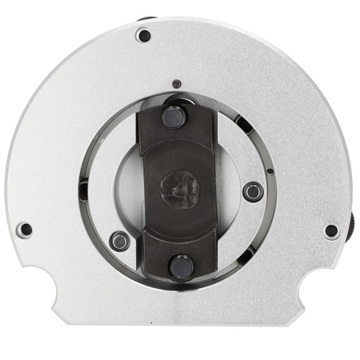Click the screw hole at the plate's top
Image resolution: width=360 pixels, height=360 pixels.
tap(144, 35)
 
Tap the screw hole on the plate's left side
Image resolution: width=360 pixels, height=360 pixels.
tap(26, 230)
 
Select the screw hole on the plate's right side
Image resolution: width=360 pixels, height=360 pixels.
tap(331, 230)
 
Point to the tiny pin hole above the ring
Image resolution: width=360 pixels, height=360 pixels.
tap(176, 82)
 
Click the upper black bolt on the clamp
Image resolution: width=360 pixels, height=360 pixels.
tap(173, 116)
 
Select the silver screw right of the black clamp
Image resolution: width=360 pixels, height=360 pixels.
tap(253, 191)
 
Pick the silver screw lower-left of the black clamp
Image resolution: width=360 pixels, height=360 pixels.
tap(120, 239)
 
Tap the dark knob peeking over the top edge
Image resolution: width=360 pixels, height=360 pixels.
tap(146, 18)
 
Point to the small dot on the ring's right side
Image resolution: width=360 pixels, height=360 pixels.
tap(270, 170)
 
